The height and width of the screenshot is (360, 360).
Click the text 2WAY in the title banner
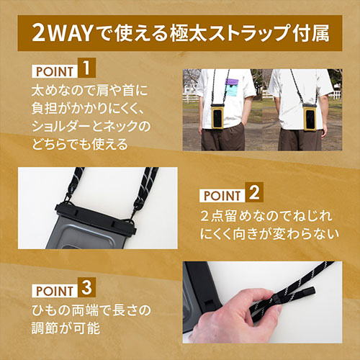coord(62,33)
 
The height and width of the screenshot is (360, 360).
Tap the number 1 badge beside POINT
coord(86,68)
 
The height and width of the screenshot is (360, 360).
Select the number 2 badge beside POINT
coord(254,192)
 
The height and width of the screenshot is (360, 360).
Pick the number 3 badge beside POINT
coord(86,287)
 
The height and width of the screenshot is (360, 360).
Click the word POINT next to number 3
coord(55,291)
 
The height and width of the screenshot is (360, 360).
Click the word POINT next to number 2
coord(222,196)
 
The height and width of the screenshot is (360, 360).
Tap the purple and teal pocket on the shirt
coord(232,87)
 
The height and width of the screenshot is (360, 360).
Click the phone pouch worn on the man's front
coord(218,117)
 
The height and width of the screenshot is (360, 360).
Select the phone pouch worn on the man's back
coord(310,117)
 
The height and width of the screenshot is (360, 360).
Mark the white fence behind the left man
coord(191,98)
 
